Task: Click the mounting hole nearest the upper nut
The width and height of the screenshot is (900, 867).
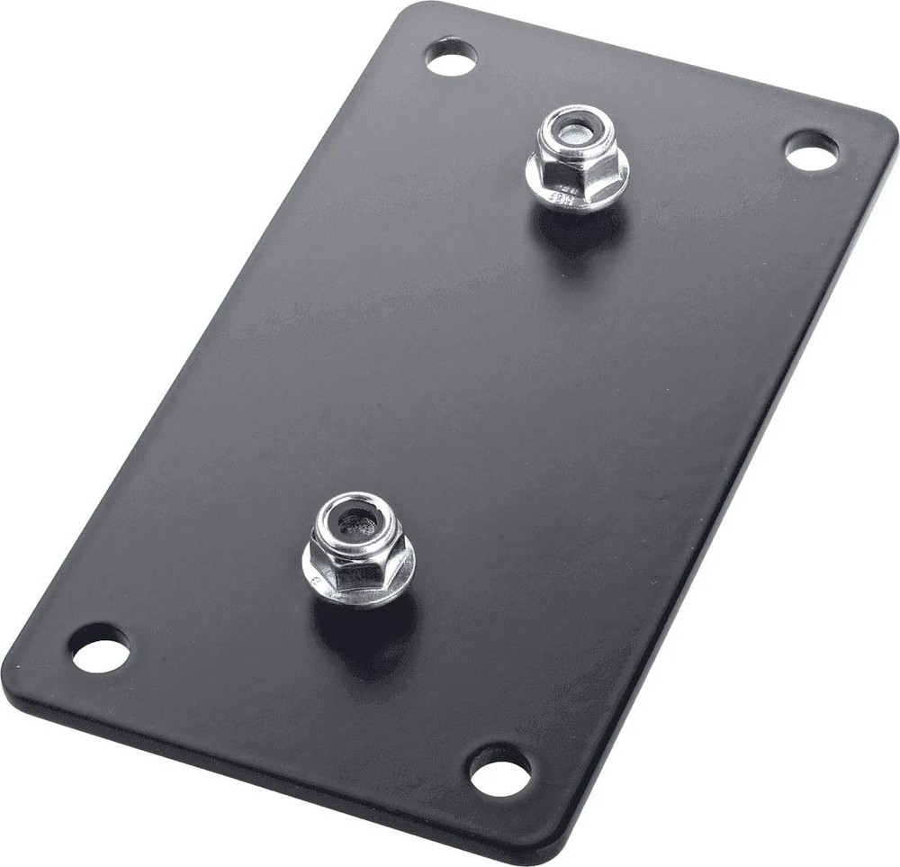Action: click(451, 57)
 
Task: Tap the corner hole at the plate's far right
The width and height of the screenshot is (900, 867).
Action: click(811, 150)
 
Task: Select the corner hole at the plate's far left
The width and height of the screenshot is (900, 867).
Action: click(99, 647)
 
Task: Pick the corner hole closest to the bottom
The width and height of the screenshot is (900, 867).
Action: click(499, 771)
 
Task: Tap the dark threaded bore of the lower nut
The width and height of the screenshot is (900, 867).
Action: click(355, 522)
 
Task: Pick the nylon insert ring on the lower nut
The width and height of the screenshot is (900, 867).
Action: click(355, 508)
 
